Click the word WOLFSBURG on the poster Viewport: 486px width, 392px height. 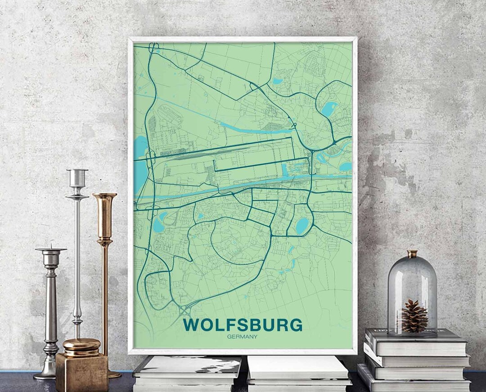coord(243,325)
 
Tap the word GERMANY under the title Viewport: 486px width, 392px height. coord(242,337)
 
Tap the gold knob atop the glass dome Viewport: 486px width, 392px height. coord(412,254)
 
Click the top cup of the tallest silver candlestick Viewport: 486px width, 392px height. coord(77,177)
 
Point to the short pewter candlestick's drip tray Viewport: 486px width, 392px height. coord(51,249)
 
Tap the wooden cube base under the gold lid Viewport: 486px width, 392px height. coord(81,372)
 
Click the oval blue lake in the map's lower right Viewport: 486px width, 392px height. coord(302,225)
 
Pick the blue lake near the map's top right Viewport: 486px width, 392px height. coord(329,109)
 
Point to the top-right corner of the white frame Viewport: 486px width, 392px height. coord(355,39)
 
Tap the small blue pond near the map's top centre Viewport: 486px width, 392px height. coord(277,82)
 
